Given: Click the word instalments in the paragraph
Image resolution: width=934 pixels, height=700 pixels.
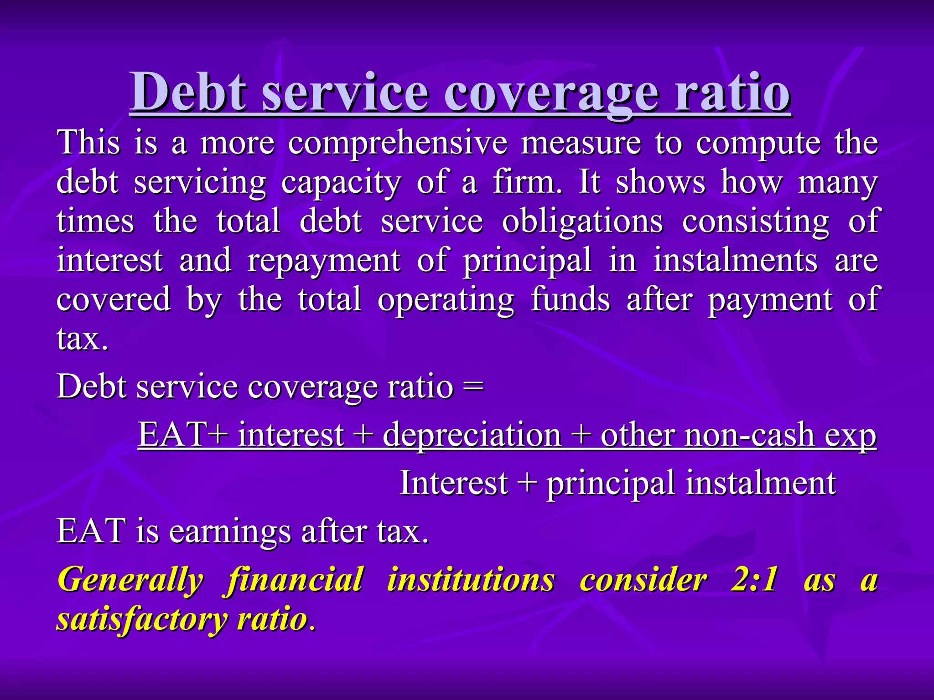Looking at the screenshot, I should pyautogui.click(x=735, y=261).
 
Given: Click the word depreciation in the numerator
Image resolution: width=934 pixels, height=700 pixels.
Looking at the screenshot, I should pyautogui.click(x=472, y=435).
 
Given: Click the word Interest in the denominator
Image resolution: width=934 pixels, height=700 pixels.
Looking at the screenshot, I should pyautogui.click(x=453, y=483).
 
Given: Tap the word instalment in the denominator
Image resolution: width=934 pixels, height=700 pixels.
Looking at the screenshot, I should pyautogui.click(x=761, y=483).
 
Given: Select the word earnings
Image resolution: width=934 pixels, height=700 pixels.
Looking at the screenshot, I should pyautogui.click(x=230, y=532).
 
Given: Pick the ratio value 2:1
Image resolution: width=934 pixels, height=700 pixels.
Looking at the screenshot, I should pyautogui.click(x=754, y=580).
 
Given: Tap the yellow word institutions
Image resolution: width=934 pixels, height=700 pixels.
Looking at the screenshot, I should pyautogui.click(x=471, y=580).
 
